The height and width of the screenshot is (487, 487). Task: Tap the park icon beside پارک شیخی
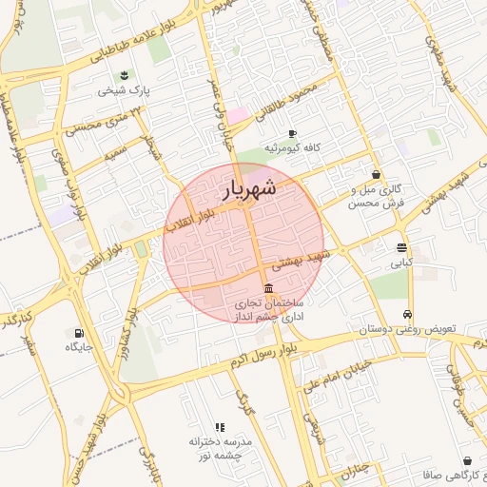(123, 76)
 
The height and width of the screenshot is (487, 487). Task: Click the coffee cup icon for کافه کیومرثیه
(292, 133)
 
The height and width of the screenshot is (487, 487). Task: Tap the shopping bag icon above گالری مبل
(377, 174)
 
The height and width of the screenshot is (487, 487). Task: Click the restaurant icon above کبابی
(401, 248)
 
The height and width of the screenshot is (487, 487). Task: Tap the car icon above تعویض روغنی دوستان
(408, 314)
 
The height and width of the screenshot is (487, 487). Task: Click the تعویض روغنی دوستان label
(408, 329)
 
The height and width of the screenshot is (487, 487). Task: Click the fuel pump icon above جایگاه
(78, 333)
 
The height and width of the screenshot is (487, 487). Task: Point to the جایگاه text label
(78, 348)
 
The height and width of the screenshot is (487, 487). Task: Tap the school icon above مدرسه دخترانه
(220, 427)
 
